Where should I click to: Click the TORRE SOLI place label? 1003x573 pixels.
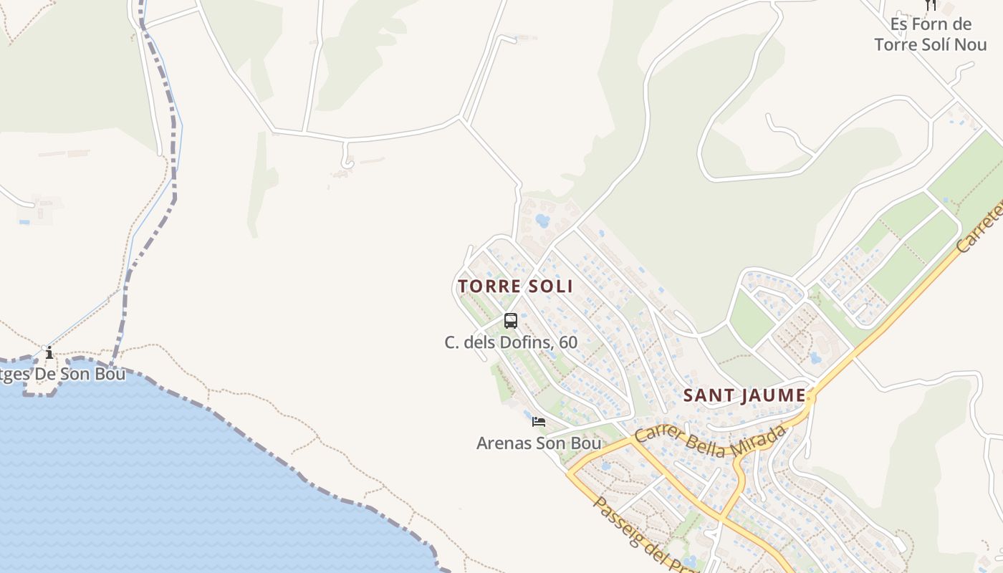tap(515, 286)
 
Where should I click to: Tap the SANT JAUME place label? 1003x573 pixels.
tap(744, 395)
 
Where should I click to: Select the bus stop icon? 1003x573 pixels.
tap(511, 321)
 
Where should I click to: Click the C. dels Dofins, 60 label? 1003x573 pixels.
tap(511, 342)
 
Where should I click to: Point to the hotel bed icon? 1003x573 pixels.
tap(539, 422)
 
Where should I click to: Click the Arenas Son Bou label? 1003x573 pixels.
tap(539, 443)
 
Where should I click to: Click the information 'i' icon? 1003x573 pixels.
tap(49, 353)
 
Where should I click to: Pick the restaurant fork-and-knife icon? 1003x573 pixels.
tap(931, 4)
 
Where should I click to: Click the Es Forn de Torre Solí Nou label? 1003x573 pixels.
tap(931, 34)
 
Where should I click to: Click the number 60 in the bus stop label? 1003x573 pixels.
tap(568, 342)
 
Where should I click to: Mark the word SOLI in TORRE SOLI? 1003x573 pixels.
tap(547, 286)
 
